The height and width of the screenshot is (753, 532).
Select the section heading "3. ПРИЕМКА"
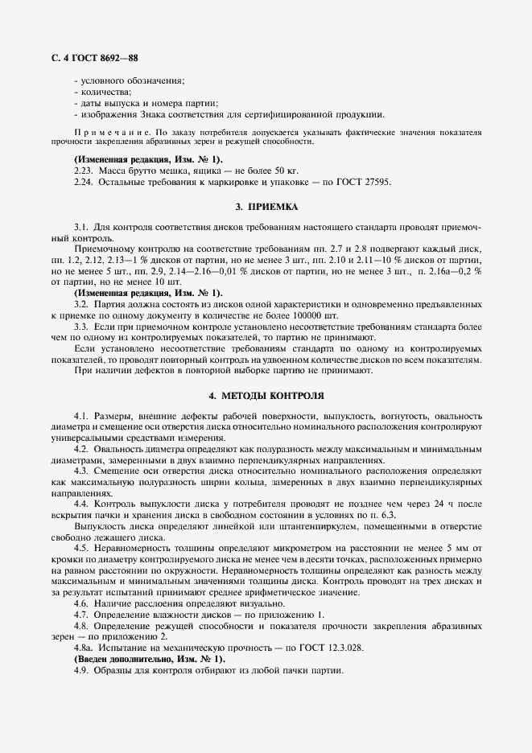pyautogui.click(x=266, y=207)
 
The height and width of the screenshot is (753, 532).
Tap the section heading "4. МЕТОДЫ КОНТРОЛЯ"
pyautogui.click(x=266, y=397)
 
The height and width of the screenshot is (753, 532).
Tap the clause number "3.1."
pyautogui.click(x=81, y=228)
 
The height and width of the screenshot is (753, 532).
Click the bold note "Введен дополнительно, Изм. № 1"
pyautogui.click(x=149, y=659)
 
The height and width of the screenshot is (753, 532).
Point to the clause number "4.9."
pyautogui.click(x=81, y=670)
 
